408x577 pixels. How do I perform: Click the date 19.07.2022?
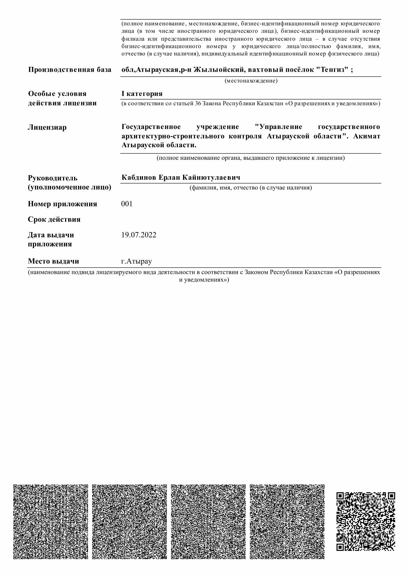coord(139,235)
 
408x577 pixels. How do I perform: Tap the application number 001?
coord(127,204)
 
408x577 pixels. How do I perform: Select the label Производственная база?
coord(70,70)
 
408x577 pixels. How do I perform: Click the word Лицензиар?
coord(47,128)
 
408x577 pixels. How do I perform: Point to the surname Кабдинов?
coord(139,178)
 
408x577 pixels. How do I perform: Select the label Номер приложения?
coord(62,204)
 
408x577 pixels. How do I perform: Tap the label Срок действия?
coord(54,219)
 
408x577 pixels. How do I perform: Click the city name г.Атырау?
coord(136,261)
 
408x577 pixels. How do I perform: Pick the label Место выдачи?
coord(53,261)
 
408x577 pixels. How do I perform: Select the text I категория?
coord(142,94)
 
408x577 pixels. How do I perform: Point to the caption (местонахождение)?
coord(251,81)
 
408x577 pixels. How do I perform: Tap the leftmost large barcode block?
coord(50,521)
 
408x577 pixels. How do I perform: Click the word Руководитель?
coord(53,178)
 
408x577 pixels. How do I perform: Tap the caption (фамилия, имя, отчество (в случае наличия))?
coord(251,188)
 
